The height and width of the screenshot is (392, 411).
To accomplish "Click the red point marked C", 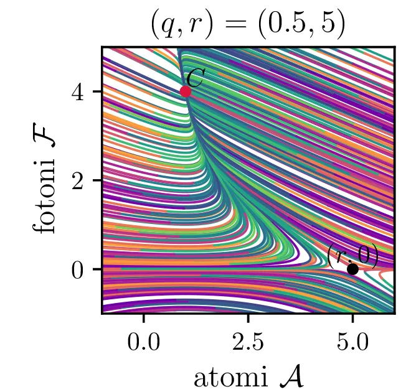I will (185, 91).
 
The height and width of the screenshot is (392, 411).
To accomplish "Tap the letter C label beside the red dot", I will (196, 78).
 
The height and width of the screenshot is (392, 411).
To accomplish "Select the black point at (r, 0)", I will (352, 269).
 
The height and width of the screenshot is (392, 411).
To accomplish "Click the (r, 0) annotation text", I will (352, 256).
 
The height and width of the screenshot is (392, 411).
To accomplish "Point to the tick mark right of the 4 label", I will (98, 91).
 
